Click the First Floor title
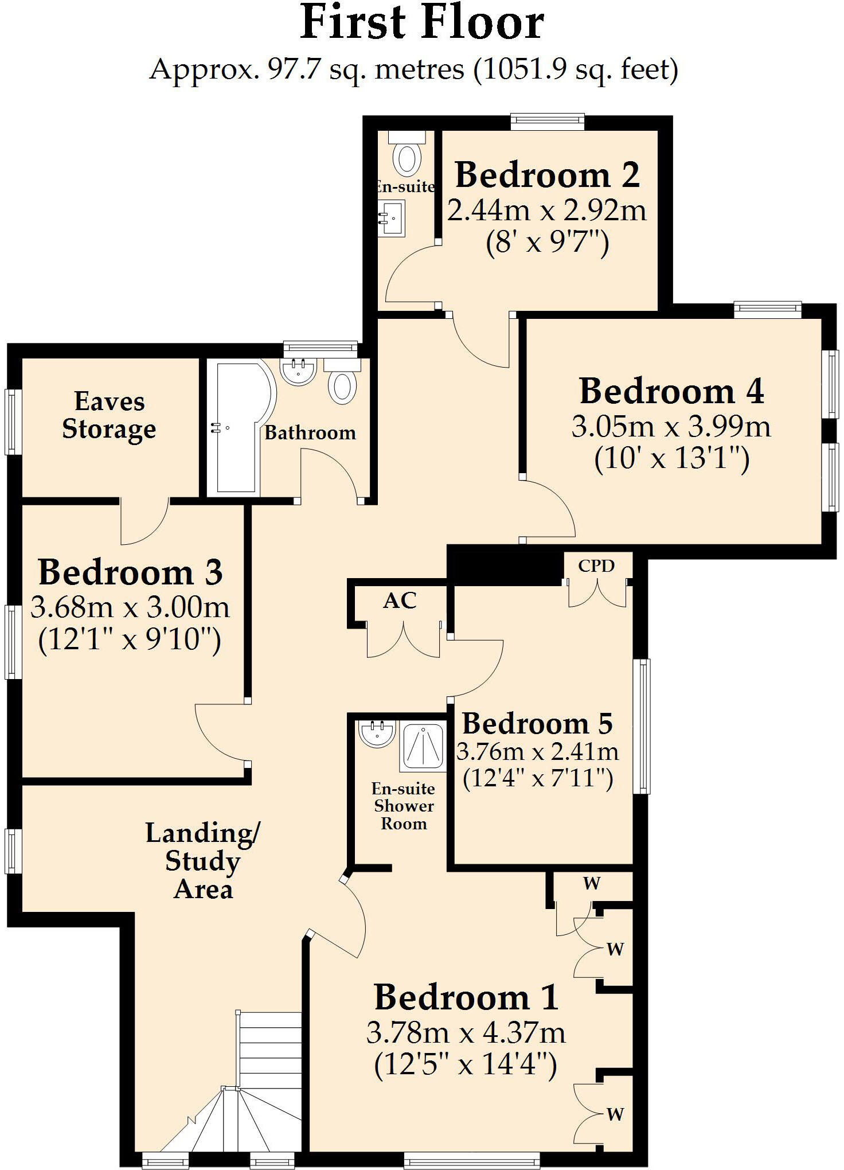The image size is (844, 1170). click(422, 23)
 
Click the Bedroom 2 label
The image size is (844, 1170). click(547, 175)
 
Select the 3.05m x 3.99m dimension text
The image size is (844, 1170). click(671, 427)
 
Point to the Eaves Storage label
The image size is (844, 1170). click(109, 415)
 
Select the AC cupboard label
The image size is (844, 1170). click(400, 600)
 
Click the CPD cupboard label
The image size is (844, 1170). click(596, 566)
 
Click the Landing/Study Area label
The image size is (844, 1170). click(203, 861)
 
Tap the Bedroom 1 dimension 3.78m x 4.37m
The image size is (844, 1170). click(466, 1033)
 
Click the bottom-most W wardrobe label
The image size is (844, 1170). click(615, 1114)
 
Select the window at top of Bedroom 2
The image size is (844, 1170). click(548, 120)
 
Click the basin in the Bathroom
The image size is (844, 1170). click(298, 371)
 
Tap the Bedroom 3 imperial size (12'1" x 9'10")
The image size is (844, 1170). click(130, 639)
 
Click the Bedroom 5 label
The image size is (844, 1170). click(537, 723)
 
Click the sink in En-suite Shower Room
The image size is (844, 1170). click(377, 734)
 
